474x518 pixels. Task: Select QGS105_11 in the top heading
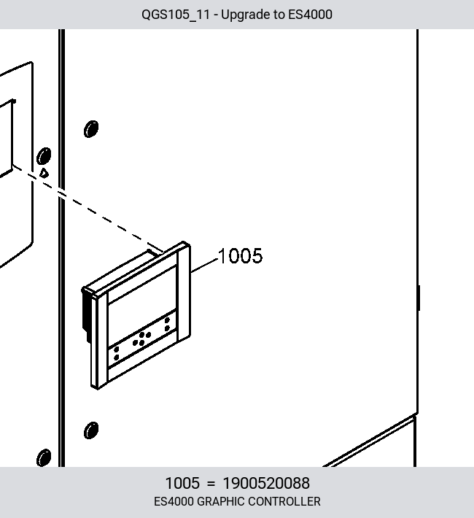tap(176, 15)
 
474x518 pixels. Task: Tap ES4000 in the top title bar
tap(310, 15)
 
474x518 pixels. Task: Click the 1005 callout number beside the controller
tap(240, 255)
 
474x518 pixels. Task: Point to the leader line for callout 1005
tap(204, 266)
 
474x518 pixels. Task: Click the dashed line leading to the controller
tap(88, 209)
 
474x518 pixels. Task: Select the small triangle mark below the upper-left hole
tap(44, 173)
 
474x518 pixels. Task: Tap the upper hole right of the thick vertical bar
tap(91, 129)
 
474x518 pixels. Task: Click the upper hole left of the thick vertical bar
tap(44, 156)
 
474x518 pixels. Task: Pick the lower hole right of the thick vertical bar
tap(91, 430)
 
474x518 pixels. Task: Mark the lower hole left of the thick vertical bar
tap(44, 457)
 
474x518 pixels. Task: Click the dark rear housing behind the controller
tap(87, 314)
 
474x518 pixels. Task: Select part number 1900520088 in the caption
tap(266, 483)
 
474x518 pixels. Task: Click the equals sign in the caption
tap(211, 484)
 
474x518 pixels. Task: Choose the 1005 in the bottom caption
tap(182, 483)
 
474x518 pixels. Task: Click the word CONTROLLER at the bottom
tap(284, 501)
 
